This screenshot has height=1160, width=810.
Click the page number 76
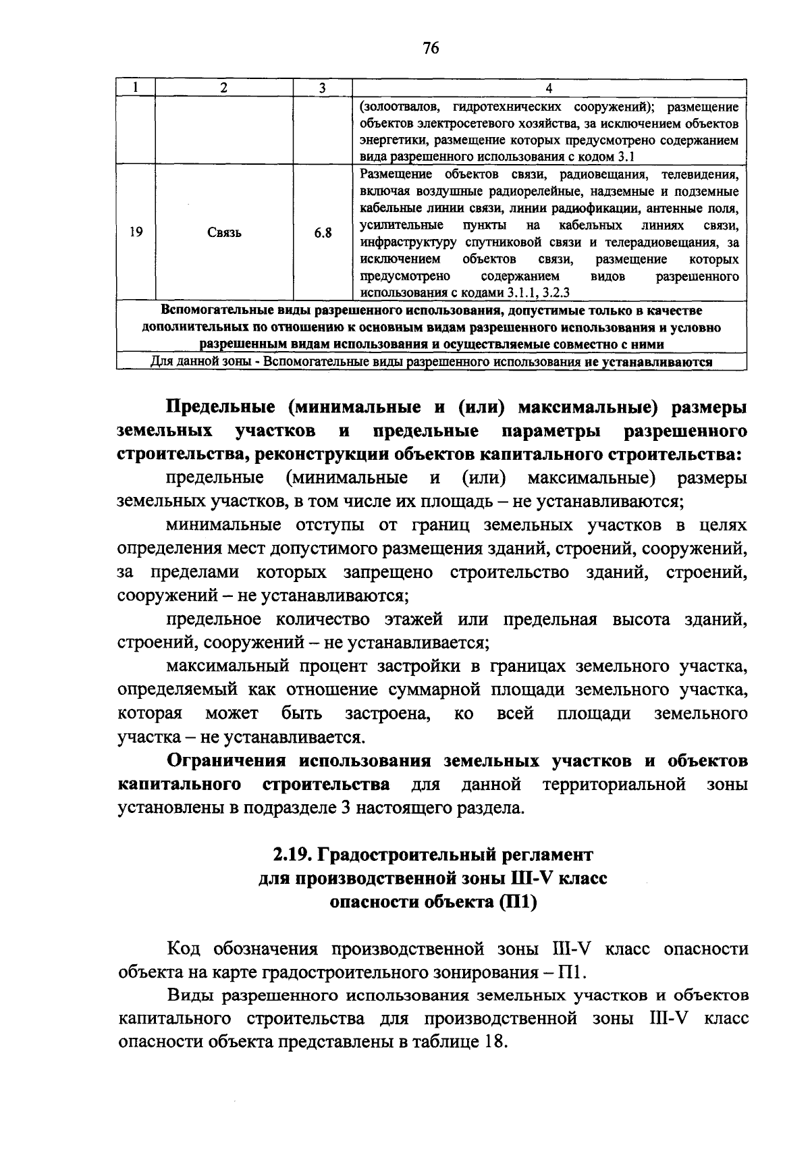pyautogui.click(x=431, y=48)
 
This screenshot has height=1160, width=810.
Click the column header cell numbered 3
pyautogui.click(x=322, y=88)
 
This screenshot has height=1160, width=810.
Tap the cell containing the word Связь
pyautogui.click(x=225, y=233)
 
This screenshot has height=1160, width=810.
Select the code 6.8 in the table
pyautogui.click(x=323, y=233)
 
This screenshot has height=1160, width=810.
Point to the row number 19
pyautogui.click(x=136, y=233)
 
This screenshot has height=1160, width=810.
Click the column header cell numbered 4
pyautogui.click(x=549, y=88)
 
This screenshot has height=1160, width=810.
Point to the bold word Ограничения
pyautogui.click(x=227, y=761)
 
